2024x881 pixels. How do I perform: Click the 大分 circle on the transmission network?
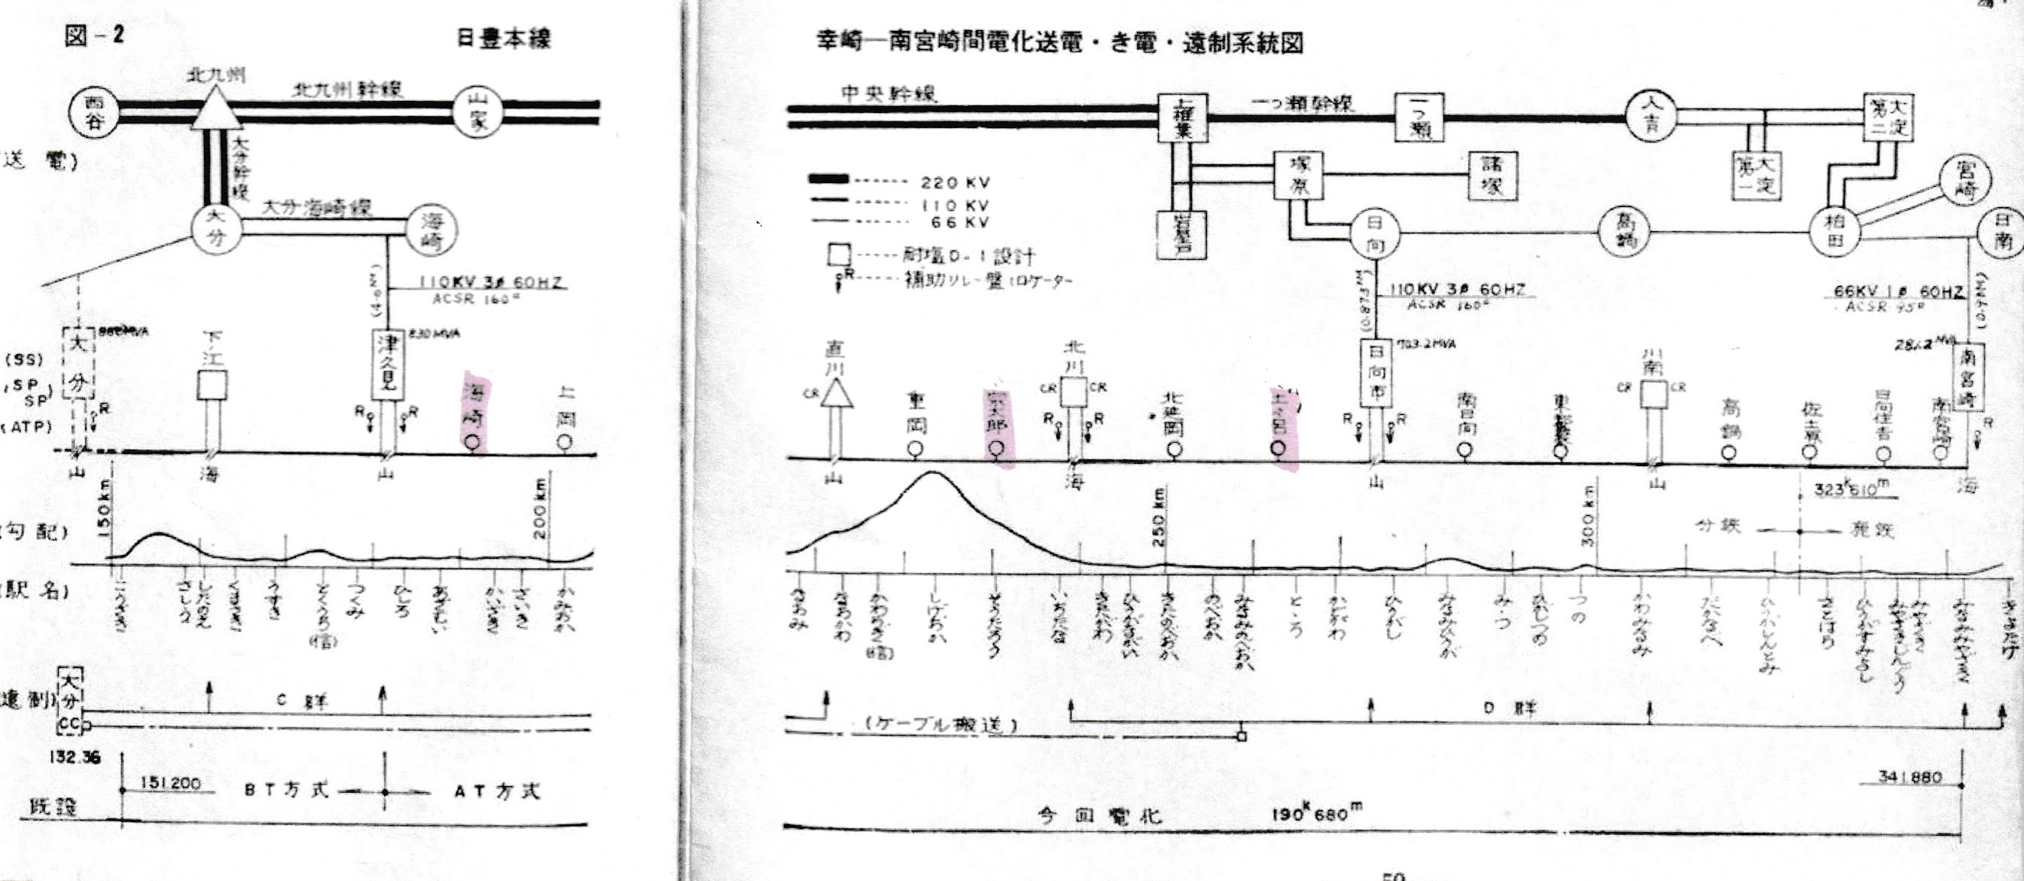pos(216,228)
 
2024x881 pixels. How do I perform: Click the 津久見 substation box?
pos(388,364)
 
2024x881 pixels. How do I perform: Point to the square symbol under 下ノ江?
pos(212,386)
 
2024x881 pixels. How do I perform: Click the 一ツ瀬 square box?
pos(1419,117)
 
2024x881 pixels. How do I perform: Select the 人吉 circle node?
pos(1650,116)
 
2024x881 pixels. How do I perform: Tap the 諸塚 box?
pos(1492,175)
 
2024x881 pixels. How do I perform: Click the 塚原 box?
pos(1298,175)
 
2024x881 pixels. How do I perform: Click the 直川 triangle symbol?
pos(836,393)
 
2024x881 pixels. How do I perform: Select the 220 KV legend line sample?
pos(829,179)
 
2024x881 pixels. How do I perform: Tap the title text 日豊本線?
pos(504,38)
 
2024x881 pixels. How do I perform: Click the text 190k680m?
pos(1317,812)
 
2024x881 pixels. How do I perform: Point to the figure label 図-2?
pos(93,35)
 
